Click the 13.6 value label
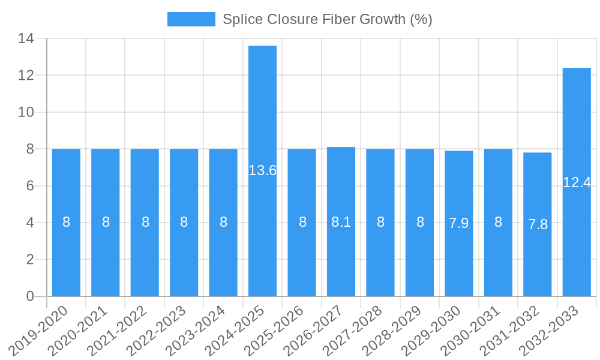[x=262, y=170]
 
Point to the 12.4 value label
[x=577, y=183]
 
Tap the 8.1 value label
[x=341, y=223]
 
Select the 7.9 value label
[x=459, y=224]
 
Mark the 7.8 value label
[x=538, y=224]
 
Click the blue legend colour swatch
[x=191, y=19]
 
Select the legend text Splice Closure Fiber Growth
[x=327, y=19]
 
